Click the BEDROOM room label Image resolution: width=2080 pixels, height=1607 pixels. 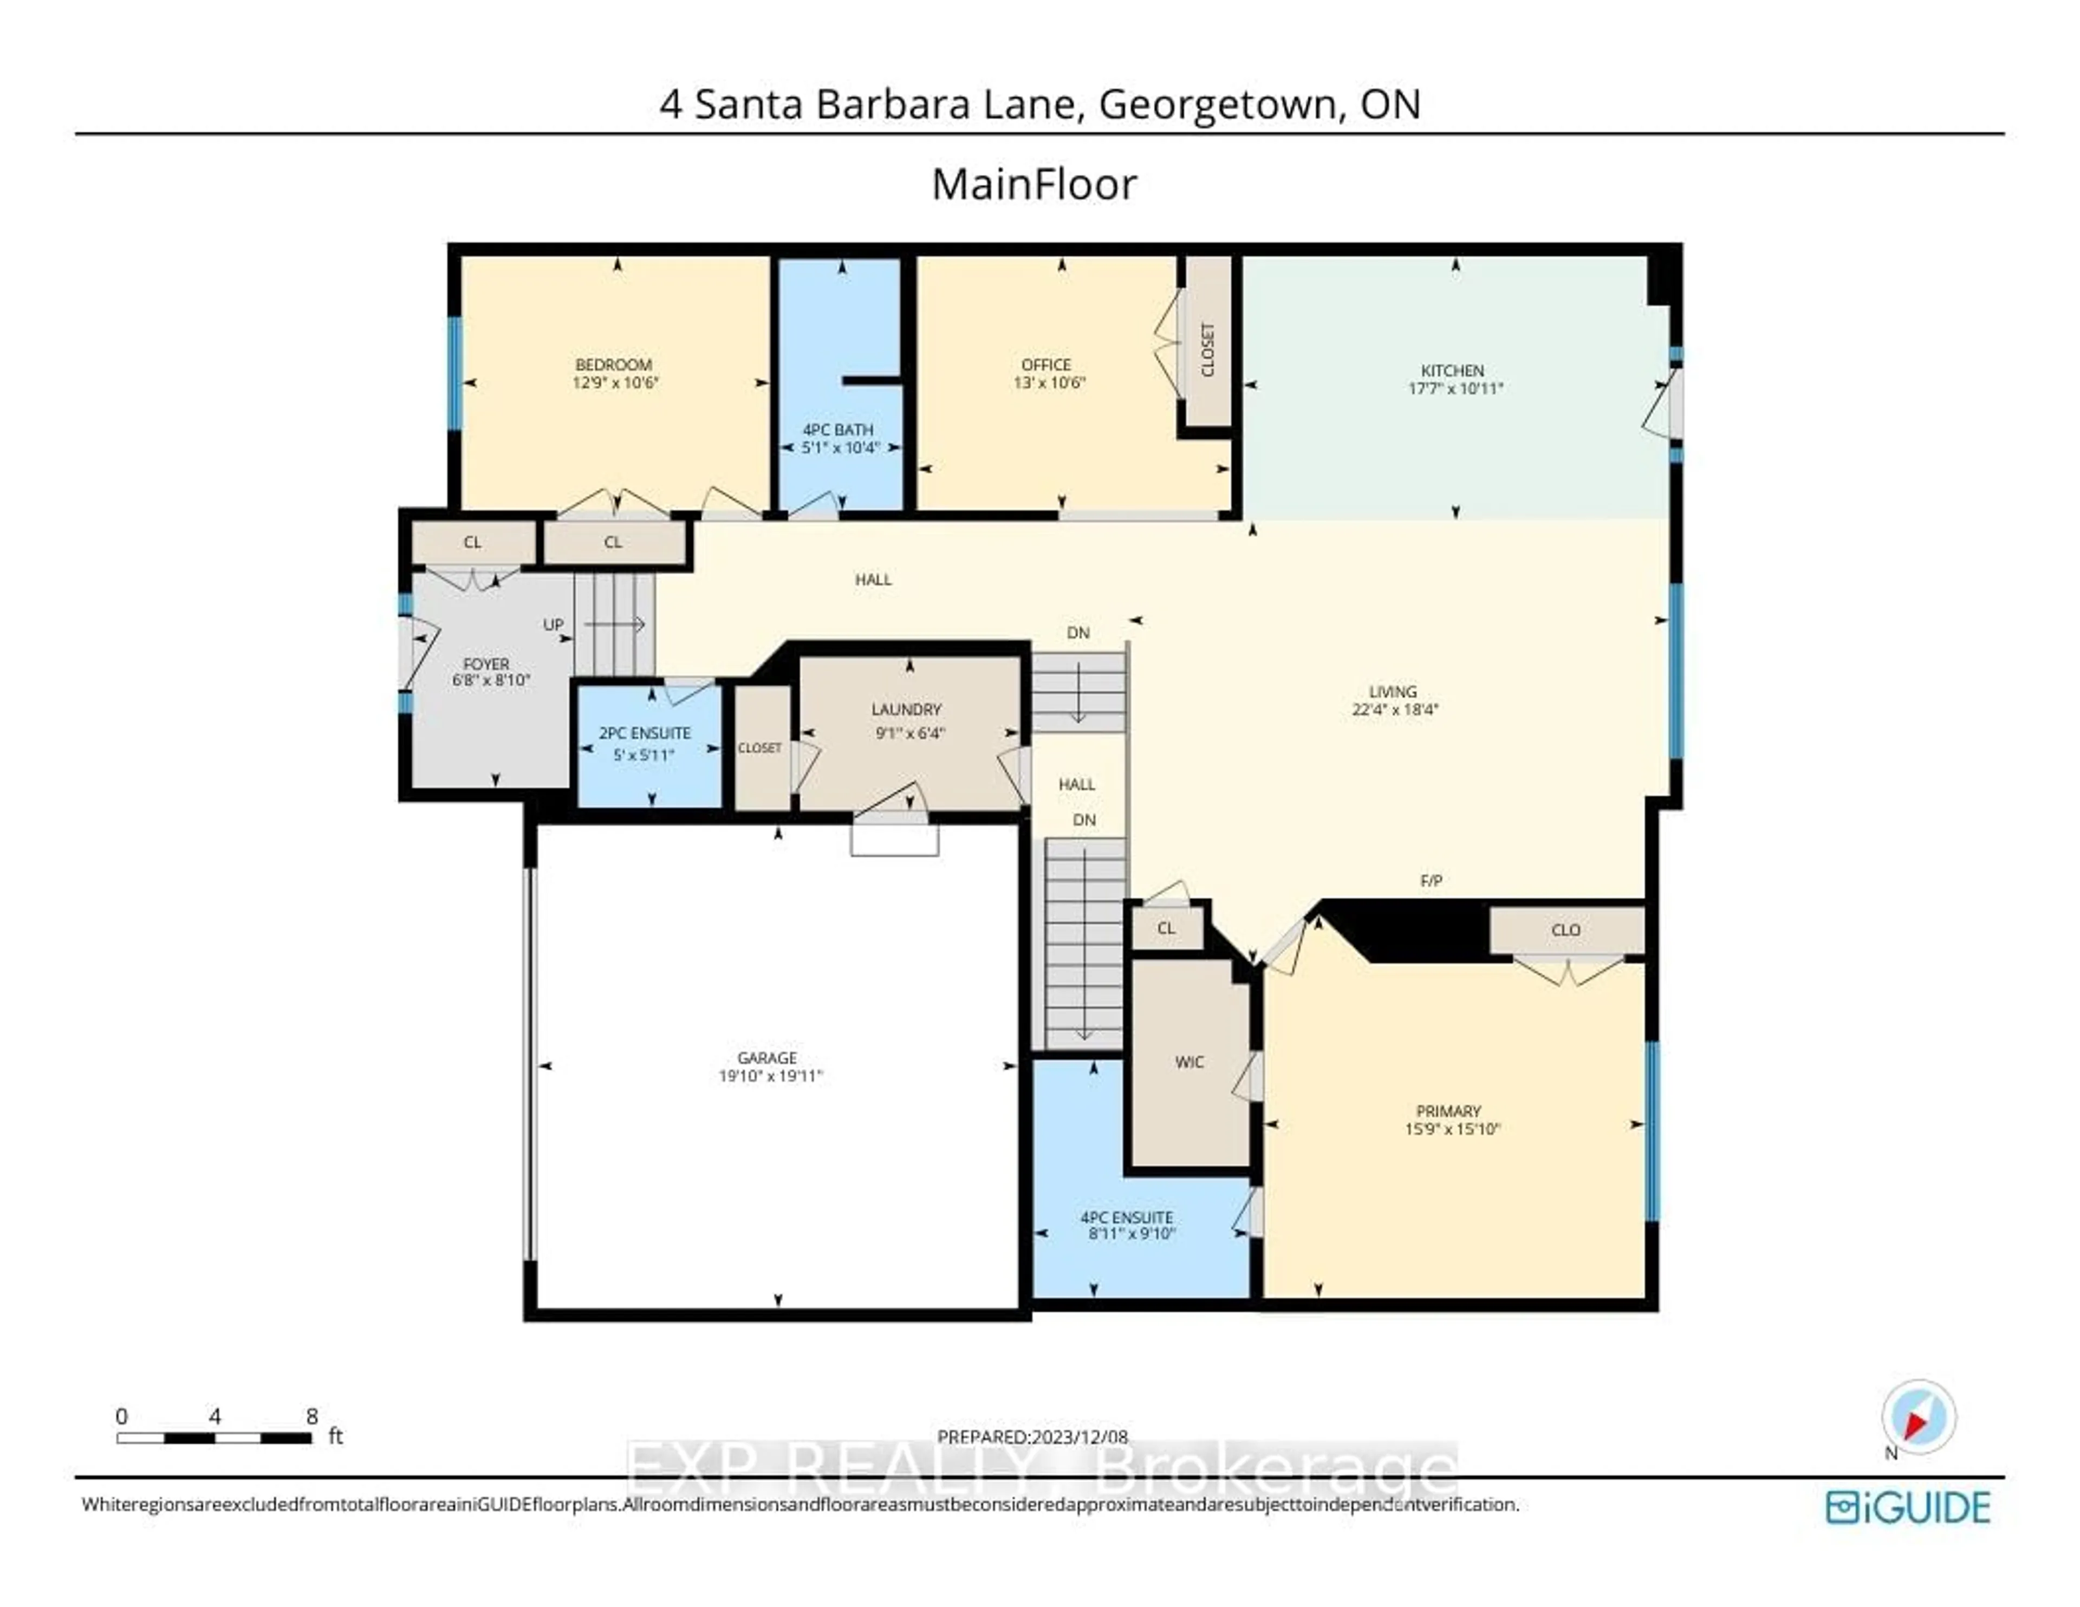(x=613, y=365)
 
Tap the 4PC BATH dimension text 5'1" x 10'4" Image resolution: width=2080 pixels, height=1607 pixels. (x=840, y=447)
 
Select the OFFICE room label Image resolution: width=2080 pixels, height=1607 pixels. (x=1046, y=365)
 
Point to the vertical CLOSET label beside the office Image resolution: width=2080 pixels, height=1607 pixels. (x=1207, y=349)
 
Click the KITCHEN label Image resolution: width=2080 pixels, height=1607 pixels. (x=1452, y=370)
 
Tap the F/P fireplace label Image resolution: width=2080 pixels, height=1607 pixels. (x=1431, y=881)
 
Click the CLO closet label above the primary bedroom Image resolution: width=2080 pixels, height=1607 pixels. (x=1566, y=930)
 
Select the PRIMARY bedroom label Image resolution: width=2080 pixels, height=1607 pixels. (x=1448, y=1111)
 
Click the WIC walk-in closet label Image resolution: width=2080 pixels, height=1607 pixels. (x=1189, y=1062)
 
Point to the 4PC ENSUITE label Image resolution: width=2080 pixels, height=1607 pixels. (x=1127, y=1218)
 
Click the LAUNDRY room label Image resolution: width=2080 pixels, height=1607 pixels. (x=906, y=710)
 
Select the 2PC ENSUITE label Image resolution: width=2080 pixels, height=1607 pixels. (x=645, y=733)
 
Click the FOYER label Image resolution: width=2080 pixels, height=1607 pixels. (x=486, y=664)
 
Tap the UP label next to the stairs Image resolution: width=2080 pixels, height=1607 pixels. (x=554, y=625)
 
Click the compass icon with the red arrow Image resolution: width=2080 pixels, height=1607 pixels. (x=1918, y=1417)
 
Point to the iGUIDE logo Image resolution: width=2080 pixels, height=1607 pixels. (x=1908, y=1508)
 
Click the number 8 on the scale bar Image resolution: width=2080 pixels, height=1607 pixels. (x=311, y=1416)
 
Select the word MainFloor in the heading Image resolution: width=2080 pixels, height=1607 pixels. (x=1033, y=185)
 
